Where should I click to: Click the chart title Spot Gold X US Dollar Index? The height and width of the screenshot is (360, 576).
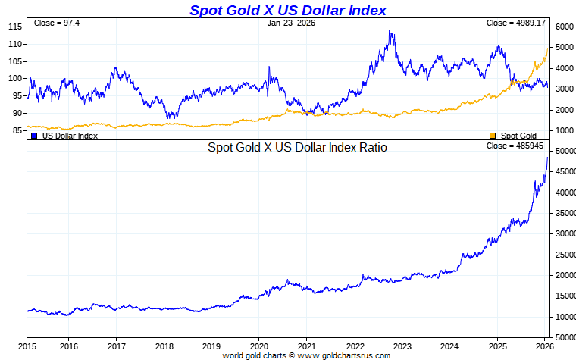tap(287, 10)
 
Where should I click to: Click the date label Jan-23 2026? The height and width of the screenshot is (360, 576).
tap(291, 23)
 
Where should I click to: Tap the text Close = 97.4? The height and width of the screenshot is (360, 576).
tap(52, 23)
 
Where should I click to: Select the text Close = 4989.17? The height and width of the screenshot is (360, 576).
tap(515, 23)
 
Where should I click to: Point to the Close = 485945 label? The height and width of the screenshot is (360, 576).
tap(515, 146)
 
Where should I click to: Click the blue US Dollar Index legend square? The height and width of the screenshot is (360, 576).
tap(34, 136)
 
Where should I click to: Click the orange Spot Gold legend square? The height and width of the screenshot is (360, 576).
tap(493, 136)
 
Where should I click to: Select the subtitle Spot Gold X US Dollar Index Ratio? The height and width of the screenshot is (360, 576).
tap(297, 148)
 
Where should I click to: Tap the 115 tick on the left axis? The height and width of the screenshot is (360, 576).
tap(14, 27)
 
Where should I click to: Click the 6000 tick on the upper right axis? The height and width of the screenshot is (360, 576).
tap(565, 27)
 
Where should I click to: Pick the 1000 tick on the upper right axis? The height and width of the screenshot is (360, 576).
tap(565, 130)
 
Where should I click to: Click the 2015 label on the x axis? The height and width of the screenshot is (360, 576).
tap(27, 346)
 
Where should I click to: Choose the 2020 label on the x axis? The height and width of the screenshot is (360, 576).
tap(258, 346)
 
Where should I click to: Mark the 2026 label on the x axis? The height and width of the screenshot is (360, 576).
tap(544, 346)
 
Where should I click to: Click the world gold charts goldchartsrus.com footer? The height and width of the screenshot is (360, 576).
tap(306, 355)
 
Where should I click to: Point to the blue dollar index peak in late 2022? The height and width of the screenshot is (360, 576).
tap(390, 31)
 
